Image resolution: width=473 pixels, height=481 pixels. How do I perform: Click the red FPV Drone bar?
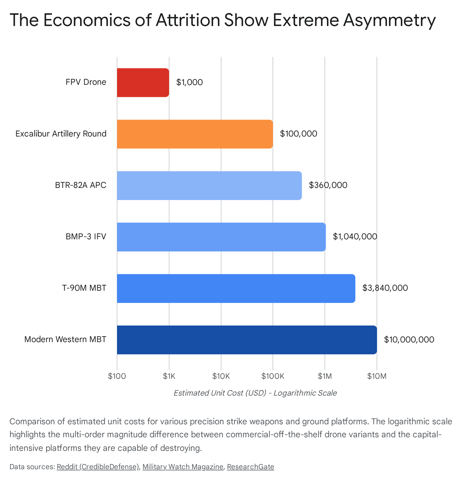pyautogui.click(x=143, y=82)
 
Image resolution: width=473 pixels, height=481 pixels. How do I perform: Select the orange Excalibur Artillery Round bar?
pyautogui.click(x=195, y=134)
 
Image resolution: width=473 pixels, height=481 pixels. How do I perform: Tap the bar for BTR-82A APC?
pyautogui.click(x=209, y=186)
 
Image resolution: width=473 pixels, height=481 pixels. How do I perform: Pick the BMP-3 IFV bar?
pyautogui.click(x=221, y=237)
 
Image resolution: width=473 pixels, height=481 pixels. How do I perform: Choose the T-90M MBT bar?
pyautogui.click(x=236, y=288)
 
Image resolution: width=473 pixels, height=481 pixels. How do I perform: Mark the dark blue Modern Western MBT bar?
pyautogui.click(x=247, y=340)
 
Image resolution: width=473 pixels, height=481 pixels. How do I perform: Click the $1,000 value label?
pyautogui.click(x=189, y=82)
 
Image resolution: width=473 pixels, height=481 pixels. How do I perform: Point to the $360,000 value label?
pyautogui.click(x=328, y=185)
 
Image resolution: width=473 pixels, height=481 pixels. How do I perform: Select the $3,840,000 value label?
pyautogui.click(x=385, y=288)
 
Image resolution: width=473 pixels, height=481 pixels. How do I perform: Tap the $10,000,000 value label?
pyautogui.click(x=409, y=340)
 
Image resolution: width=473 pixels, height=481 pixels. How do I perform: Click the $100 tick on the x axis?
pyautogui.click(x=117, y=376)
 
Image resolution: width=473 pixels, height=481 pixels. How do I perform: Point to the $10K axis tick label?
pyautogui.click(x=221, y=376)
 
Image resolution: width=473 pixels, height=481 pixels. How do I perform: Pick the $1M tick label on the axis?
pyautogui.click(x=325, y=376)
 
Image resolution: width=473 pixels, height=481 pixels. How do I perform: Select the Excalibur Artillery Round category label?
pyautogui.click(x=61, y=134)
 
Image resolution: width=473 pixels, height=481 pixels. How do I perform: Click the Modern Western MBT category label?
pyautogui.click(x=65, y=339)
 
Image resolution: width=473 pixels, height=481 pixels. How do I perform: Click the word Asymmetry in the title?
pyautogui.click(x=389, y=20)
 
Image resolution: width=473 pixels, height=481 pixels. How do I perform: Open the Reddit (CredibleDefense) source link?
pyautogui.click(x=98, y=467)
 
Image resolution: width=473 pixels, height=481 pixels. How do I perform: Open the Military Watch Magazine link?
pyautogui.click(x=183, y=467)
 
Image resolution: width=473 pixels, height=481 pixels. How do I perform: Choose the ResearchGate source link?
pyautogui.click(x=250, y=467)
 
